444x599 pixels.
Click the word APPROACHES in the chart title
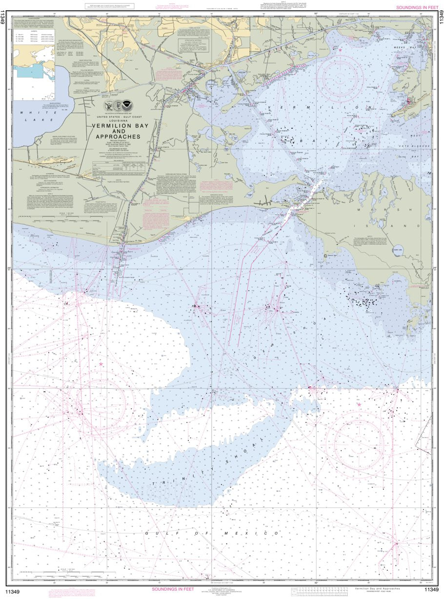pos(116,136)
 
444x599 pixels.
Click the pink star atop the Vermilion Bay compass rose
pos(340,50)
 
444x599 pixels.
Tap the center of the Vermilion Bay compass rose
pos(340,79)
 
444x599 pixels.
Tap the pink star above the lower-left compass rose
pos(101,364)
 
